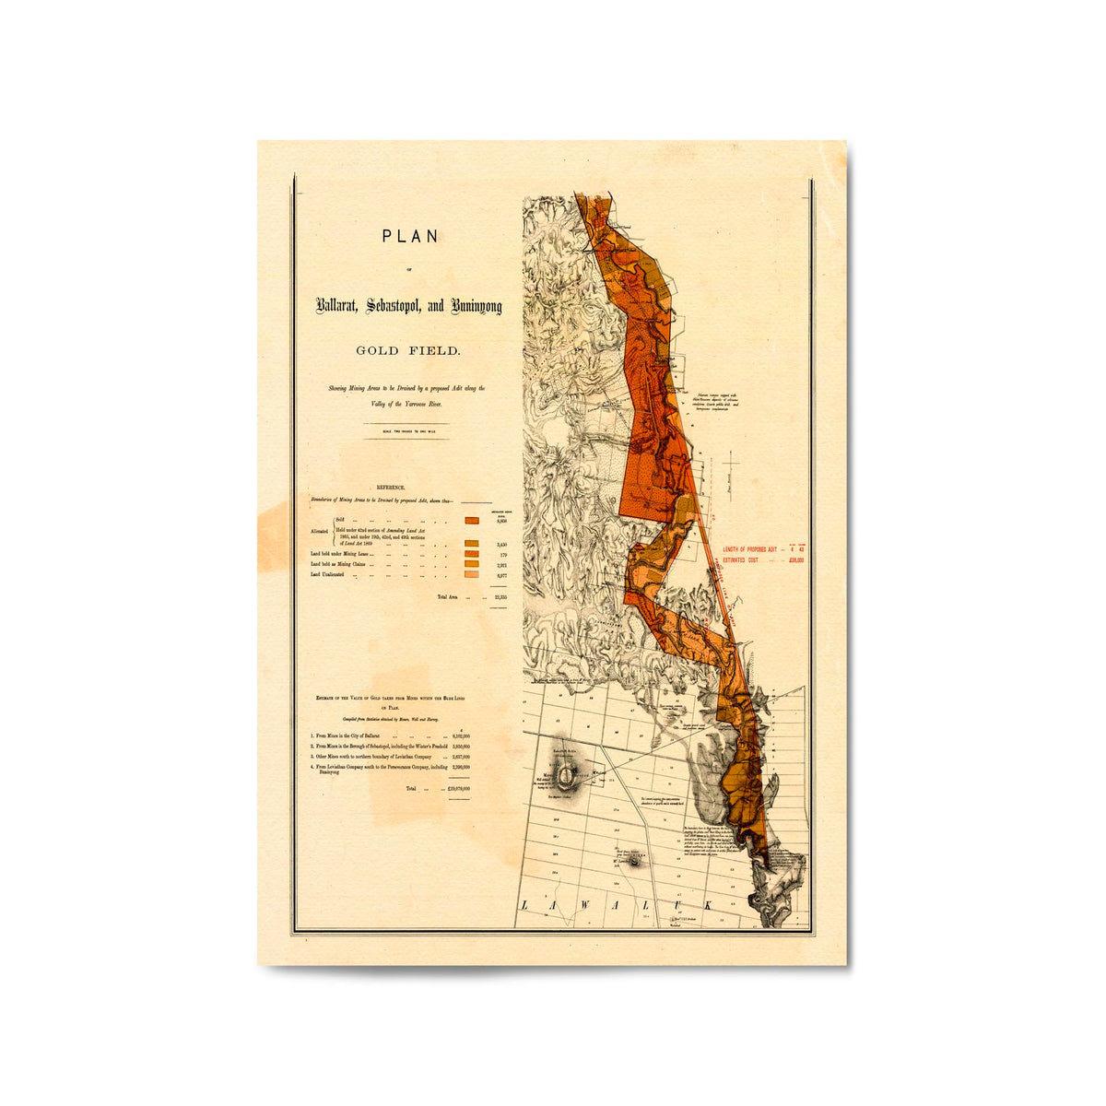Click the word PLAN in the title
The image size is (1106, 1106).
pos(410,236)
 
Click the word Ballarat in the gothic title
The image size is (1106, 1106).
pos(337,307)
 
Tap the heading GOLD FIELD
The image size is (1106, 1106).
pos(409,350)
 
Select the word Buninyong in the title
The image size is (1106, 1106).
pos(476,307)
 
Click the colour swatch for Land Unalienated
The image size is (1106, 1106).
pos(472,575)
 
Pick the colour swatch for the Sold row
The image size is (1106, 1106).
pos(472,521)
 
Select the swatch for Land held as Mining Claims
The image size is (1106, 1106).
pos(472,564)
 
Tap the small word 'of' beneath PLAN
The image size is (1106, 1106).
pos(409,270)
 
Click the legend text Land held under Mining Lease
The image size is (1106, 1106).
pos(339,555)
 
